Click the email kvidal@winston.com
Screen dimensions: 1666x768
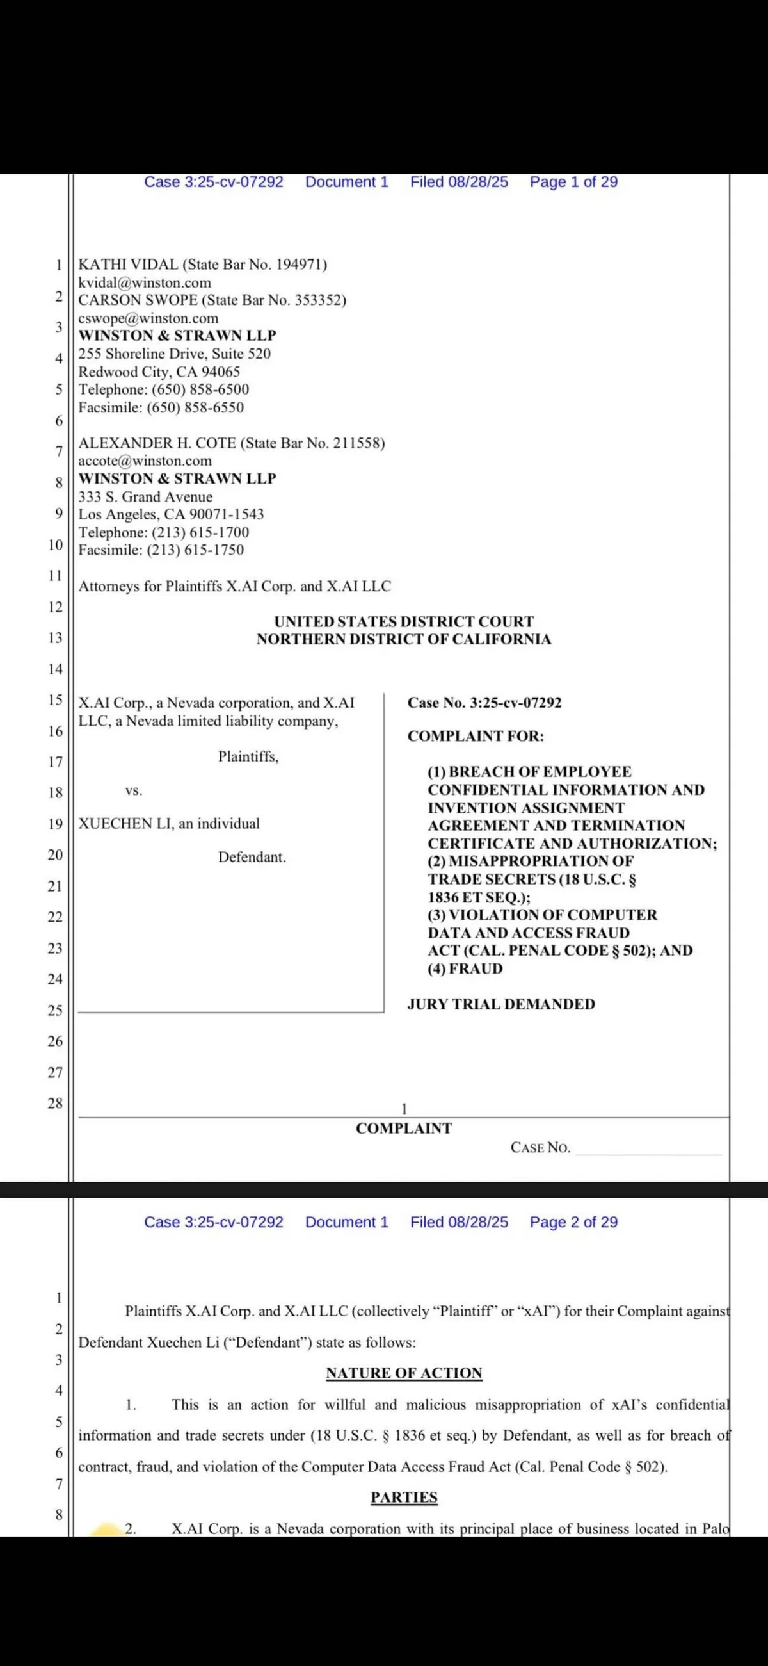coord(145,282)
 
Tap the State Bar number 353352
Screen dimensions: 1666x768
coord(319,300)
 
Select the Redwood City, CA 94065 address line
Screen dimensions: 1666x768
coord(159,372)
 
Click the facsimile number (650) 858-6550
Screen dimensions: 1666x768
coord(195,407)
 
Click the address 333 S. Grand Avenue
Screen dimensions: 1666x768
coord(145,496)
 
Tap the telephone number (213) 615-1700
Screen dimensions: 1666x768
coord(200,532)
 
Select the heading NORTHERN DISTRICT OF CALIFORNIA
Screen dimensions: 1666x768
coord(404,640)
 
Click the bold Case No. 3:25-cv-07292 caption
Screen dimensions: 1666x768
coord(484,703)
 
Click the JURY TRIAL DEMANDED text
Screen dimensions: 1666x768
coord(501,1004)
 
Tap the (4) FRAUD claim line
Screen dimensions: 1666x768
coord(465,969)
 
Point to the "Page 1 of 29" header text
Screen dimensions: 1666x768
coord(573,182)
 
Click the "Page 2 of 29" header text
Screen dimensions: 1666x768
coord(573,1221)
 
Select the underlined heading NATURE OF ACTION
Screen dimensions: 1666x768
coord(404,1373)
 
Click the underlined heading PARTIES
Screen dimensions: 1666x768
coord(404,1497)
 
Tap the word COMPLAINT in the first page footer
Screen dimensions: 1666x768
coord(404,1129)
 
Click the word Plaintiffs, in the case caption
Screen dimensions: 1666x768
coord(248,756)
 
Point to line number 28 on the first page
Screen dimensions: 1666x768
coord(55,1103)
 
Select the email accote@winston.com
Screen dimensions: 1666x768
coord(145,461)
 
